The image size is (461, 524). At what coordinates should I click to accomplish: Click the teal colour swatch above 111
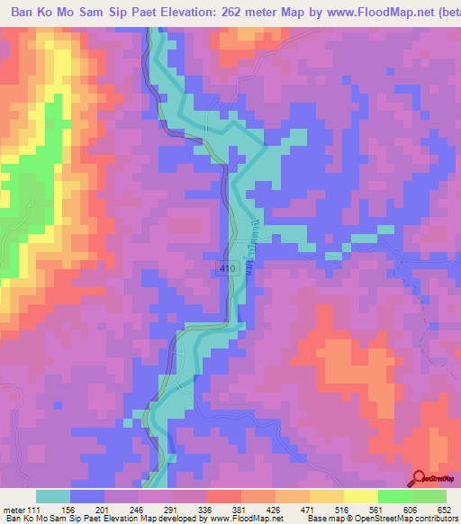click(x=53, y=496)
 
